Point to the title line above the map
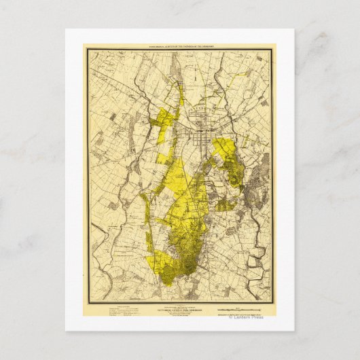(179, 48)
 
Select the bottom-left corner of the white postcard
(66, 330)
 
